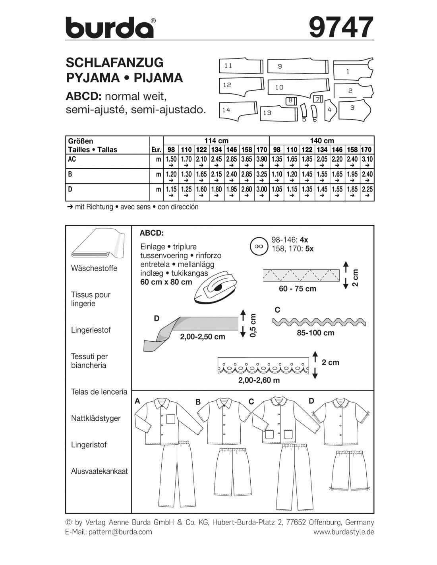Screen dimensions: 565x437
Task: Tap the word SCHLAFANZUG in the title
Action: (x=114, y=62)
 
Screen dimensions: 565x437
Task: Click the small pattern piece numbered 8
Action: (x=290, y=101)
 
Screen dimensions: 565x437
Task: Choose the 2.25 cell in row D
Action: (x=367, y=190)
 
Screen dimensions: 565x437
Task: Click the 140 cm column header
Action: (x=322, y=141)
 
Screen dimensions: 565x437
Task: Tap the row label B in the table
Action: (x=70, y=174)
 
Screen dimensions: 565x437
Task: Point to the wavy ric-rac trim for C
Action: (x=319, y=322)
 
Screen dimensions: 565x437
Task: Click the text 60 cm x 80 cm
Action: (x=166, y=282)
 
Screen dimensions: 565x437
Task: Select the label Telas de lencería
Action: (x=99, y=392)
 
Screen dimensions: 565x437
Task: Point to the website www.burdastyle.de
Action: (x=344, y=532)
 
